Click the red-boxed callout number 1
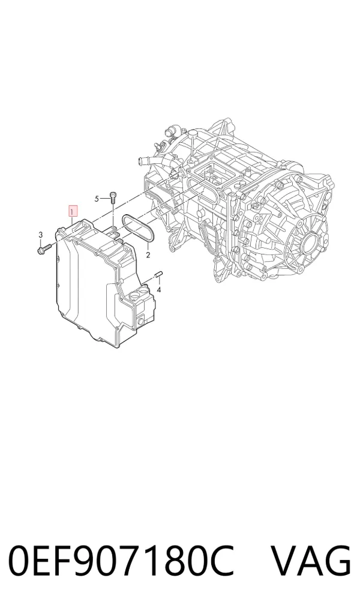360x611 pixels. (73, 211)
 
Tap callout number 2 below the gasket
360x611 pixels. (148, 256)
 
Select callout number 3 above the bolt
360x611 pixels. (40, 234)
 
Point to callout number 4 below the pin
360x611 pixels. (158, 289)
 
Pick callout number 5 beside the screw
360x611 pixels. (97, 199)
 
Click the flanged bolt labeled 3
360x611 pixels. (44, 248)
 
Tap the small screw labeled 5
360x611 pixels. (113, 197)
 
